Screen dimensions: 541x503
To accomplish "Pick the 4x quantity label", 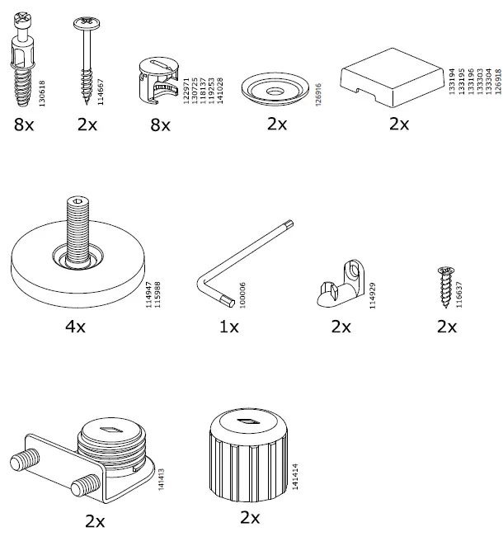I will coord(75,327).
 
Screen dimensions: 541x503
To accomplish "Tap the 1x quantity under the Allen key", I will coord(228,327).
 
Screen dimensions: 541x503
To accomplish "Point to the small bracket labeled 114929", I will coord(340,284).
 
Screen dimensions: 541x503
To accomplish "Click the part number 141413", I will coord(160,474).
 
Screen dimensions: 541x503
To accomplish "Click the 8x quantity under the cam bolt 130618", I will coord(25,125).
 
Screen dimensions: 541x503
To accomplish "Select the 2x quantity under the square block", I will coord(399,125).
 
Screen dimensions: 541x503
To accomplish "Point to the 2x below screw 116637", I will coord(446,327).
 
